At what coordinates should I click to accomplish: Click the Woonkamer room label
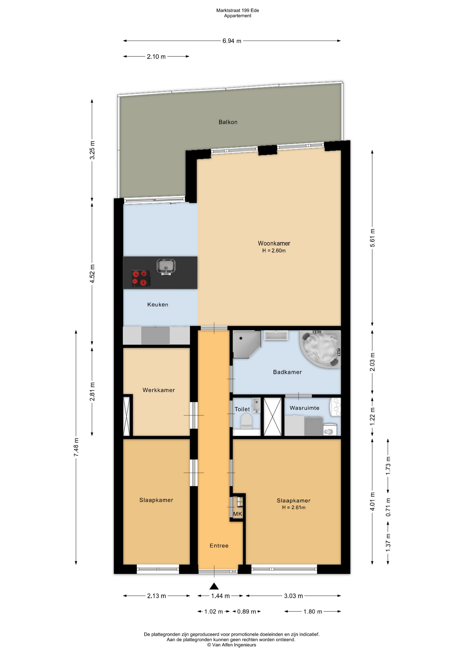coord(274,243)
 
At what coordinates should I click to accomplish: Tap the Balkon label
coord(228,122)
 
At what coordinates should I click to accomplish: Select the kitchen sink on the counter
coord(166,266)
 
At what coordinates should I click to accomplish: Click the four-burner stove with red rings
coord(141,278)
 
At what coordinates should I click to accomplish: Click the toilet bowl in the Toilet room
coord(246,421)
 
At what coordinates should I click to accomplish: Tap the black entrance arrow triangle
coord(214,586)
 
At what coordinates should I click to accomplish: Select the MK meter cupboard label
coord(237,514)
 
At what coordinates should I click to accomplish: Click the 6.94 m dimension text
coord(232,41)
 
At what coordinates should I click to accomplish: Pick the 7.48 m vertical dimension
coord(76,447)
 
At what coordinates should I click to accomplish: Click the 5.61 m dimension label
coord(372,238)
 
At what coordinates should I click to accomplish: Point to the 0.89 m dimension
coord(246,611)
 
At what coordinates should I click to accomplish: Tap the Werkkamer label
coord(159,390)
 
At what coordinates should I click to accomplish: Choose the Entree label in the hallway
coord(219,545)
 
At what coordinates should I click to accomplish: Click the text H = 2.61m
coord(294,507)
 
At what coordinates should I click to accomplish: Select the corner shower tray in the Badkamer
coord(246,344)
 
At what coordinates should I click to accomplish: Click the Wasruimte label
coord(304,408)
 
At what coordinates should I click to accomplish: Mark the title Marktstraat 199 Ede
coord(237,10)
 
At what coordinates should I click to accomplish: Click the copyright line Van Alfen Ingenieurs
coord(231,645)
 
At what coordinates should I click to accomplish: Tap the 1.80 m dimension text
coord(313,611)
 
